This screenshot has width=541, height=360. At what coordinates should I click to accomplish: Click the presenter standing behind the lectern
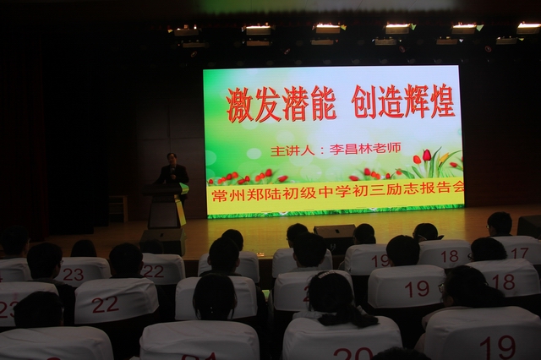pyautogui.click(x=172, y=172)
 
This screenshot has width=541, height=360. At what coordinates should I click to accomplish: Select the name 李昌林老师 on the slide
pyautogui.click(x=365, y=149)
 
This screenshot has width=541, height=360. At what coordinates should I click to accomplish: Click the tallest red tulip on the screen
pyautogui.click(x=427, y=155)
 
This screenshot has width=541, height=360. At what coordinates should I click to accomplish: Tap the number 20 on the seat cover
pyautogui.click(x=353, y=354)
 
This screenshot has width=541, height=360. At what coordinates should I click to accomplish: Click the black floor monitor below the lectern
pyautogui.click(x=163, y=241)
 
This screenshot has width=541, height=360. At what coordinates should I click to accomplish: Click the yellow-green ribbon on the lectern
pyautogui.click(x=181, y=205)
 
